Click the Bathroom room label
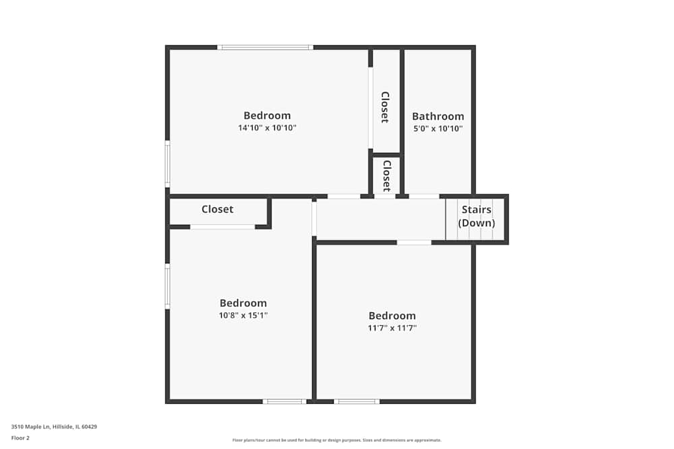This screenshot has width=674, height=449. point(438,116)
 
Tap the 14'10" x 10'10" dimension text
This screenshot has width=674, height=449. point(267,128)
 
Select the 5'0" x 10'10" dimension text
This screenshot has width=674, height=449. point(438,129)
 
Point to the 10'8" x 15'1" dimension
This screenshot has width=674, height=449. point(243,315)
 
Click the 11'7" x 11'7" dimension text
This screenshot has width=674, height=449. point(392,328)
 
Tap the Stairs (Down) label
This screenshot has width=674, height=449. point(477,216)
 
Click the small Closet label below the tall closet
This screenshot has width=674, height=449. point(387,175)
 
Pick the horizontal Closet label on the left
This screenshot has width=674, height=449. point(217,209)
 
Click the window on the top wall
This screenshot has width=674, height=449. point(265,47)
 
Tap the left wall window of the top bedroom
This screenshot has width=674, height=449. point(168,163)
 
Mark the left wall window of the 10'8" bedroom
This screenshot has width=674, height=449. point(168,286)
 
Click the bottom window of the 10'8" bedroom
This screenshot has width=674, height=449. point(284,401)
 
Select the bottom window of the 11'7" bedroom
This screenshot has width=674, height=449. point(357,401)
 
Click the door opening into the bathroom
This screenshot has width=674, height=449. point(424,196)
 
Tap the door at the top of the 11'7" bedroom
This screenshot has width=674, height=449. point(414,242)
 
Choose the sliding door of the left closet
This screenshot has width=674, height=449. point(222,227)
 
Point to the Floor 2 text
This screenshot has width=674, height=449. point(20,438)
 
